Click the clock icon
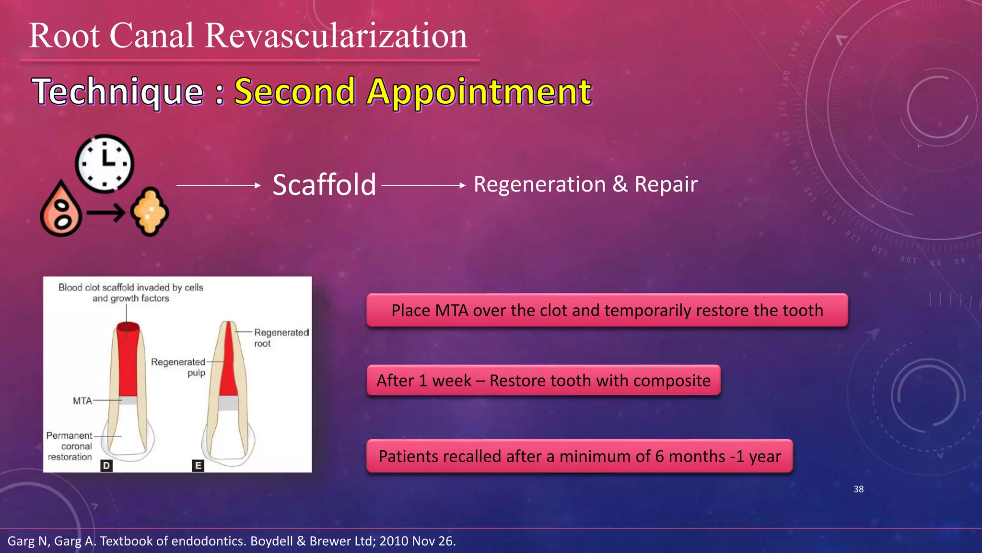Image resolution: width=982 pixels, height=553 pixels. click(x=105, y=164)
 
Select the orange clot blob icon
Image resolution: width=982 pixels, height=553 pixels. click(x=150, y=212)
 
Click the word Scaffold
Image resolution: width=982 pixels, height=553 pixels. click(x=324, y=185)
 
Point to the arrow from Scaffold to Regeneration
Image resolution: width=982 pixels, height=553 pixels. click(x=423, y=185)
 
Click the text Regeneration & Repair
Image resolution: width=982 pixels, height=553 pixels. click(x=585, y=184)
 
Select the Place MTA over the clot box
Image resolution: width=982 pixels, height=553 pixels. click(x=607, y=311)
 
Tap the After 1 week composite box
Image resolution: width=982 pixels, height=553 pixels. click(x=543, y=381)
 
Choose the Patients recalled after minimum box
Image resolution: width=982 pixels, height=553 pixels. click(x=579, y=456)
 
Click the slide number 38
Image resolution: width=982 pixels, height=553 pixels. click(x=858, y=489)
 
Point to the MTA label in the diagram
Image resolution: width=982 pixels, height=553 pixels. click(x=82, y=401)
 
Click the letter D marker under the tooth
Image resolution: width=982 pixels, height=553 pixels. click(x=106, y=466)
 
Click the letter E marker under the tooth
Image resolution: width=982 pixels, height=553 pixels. click(x=198, y=466)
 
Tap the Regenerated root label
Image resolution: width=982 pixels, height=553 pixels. click(x=281, y=337)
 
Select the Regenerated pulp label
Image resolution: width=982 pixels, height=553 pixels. click(x=178, y=367)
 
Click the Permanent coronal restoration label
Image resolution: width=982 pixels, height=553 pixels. click(x=70, y=446)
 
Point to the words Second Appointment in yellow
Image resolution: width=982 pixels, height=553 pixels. click(x=412, y=91)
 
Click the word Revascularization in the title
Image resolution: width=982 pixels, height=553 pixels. click(x=336, y=36)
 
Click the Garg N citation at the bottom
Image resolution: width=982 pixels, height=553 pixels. click(x=232, y=541)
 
